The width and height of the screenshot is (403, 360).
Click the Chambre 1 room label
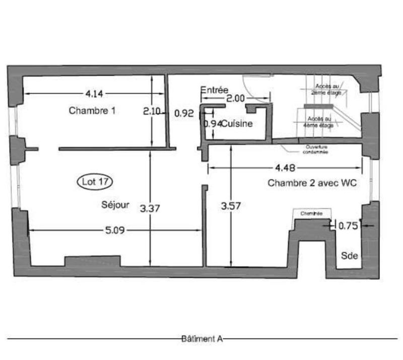pyautogui.click(x=92, y=111)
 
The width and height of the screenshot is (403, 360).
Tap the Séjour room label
pyautogui.click(x=115, y=205)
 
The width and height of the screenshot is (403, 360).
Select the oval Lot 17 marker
pyautogui.click(x=95, y=182)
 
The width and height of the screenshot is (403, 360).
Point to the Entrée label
pyautogui.click(x=215, y=90)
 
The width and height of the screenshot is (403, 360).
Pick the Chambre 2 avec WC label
pyautogui.click(x=312, y=184)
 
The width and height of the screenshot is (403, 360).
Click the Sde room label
pyautogui.click(x=350, y=256)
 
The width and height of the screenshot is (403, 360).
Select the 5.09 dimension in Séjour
pyautogui.click(x=115, y=230)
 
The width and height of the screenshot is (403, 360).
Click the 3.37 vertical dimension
pyautogui.click(x=150, y=207)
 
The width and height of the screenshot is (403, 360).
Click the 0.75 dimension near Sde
pyautogui.click(x=348, y=226)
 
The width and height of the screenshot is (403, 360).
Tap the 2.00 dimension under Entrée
pyautogui.click(x=235, y=99)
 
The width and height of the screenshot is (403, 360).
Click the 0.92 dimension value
pyautogui.click(x=184, y=114)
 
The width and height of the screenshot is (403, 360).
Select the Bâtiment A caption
pyautogui.click(x=201, y=339)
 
